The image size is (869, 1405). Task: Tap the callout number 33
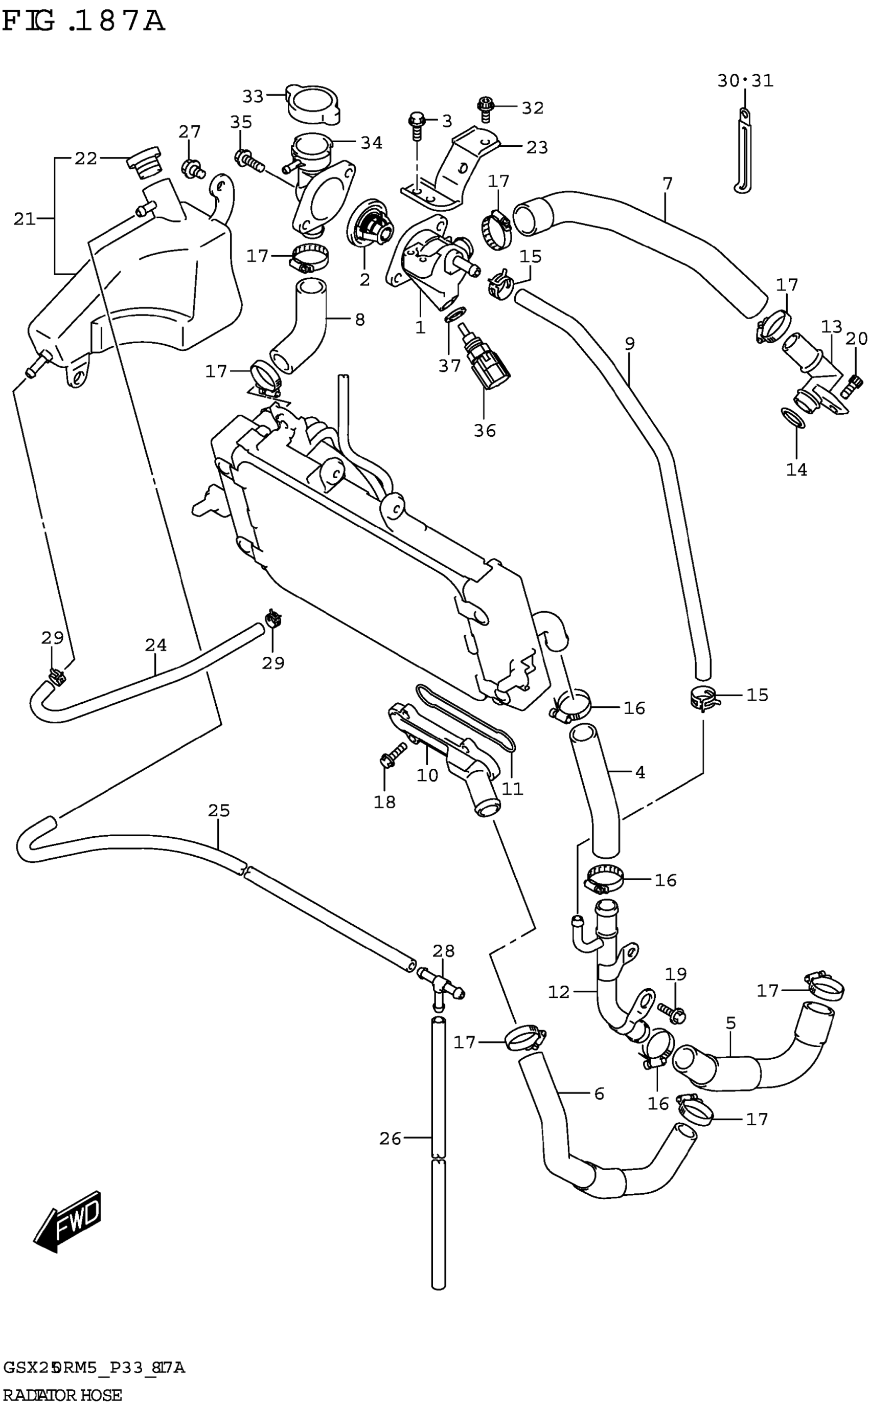coord(253,97)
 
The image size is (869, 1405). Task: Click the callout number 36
coord(485,431)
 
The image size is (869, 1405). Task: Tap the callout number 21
coord(24,219)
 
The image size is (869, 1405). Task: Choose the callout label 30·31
coord(745,81)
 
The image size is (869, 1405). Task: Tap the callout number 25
coord(219,811)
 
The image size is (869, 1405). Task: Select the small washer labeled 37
coord(456,315)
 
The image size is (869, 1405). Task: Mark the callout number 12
coord(559,992)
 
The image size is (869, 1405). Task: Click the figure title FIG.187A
coord(84,21)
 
